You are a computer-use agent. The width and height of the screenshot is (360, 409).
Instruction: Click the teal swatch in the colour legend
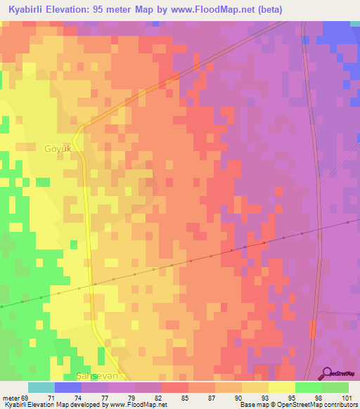[41, 387]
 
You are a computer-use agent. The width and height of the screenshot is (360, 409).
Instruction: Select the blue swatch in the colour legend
[68, 387]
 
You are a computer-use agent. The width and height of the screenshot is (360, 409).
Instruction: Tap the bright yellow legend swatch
[282, 387]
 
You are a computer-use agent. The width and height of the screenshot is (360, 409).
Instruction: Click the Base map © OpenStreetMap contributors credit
[299, 405]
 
